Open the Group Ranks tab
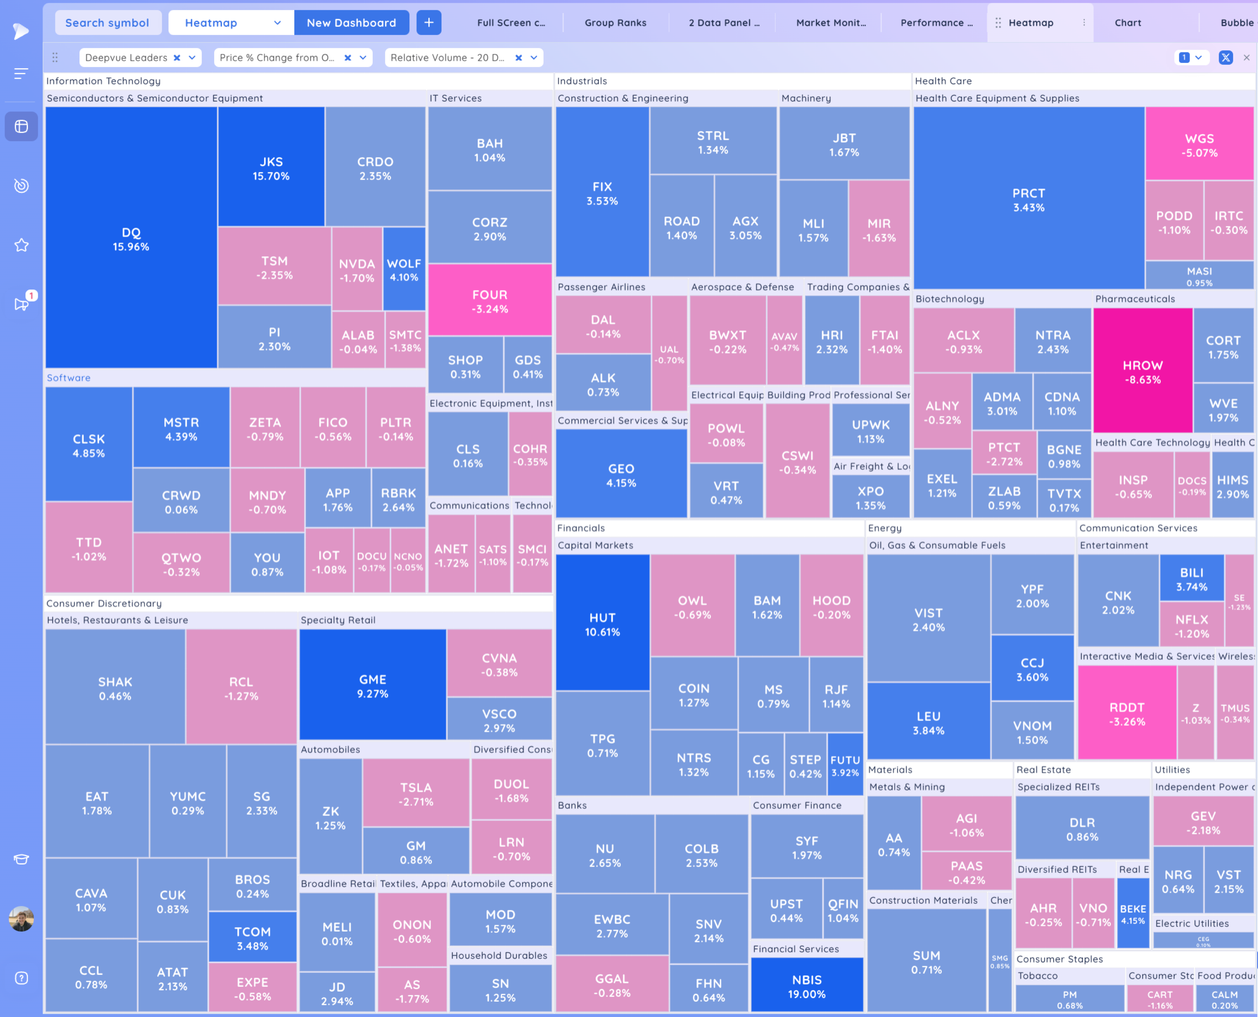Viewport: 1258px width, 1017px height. (x=615, y=23)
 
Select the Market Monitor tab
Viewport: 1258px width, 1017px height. (x=830, y=23)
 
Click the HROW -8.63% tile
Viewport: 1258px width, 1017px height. (x=1142, y=371)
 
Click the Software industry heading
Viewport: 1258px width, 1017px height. (x=69, y=378)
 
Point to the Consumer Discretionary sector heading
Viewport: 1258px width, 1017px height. (x=104, y=603)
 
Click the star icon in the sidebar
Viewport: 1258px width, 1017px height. (x=21, y=245)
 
